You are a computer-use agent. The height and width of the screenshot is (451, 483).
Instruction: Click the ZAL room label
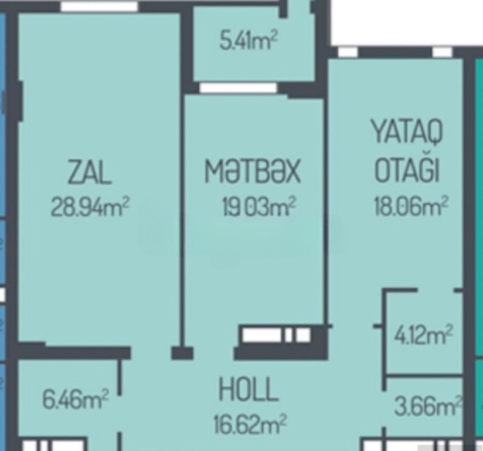pyautogui.click(x=90, y=172)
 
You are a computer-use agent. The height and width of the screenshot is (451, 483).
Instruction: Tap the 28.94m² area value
pyautogui.click(x=90, y=206)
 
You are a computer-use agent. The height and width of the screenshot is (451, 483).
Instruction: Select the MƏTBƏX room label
pyautogui.click(x=253, y=171)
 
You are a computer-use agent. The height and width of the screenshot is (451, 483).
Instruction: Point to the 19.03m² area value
pyautogui.click(x=258, y=206)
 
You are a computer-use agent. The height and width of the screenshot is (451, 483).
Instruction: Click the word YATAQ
pyautogui.click(x=407, y=132)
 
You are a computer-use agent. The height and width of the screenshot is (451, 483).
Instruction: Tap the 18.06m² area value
pyautogui.click(x=411, y=206)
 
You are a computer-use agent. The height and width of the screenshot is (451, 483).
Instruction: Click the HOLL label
pyautogui.click(x=249, y=389)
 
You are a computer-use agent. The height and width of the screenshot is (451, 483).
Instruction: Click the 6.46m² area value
pyautogui.click(x=76, y=399)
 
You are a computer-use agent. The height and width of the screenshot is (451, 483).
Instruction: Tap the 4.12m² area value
pyautogui.click(x=424, y=335)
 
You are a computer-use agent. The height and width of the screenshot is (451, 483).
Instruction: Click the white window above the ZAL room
pyautogui.click(x=99, y=6)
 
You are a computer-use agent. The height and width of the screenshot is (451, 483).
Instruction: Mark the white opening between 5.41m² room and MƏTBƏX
pyautogui.click(x=239, y=87)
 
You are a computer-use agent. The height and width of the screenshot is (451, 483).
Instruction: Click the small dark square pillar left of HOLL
pyautogui.click(x=182, y=353)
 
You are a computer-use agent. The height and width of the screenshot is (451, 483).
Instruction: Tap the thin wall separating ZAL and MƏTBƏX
pyautogui.click(x=182, y=220)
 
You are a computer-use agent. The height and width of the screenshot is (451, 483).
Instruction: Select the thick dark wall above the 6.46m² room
pyautogui.click(x=73, y=352)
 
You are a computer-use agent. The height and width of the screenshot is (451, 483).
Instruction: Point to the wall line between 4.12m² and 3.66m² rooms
pyautogui.click(x=424, y=376)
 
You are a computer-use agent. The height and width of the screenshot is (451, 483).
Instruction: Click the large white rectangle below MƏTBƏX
pyautogui.click(x=262, y=335)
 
